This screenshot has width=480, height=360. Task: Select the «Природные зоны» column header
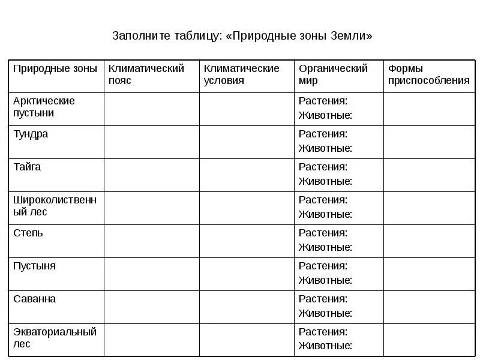click(55, 68)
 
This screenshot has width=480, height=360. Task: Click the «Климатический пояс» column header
click(146, 74)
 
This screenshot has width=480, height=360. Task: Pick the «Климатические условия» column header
click(241, 74)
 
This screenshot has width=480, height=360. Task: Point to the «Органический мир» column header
click(333, 74)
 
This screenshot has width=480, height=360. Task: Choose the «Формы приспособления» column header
click(428, 74)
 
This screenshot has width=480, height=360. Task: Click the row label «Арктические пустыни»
click(44, 107)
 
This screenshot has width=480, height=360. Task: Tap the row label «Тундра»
click(31, 134)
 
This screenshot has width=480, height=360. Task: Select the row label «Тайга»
click(27, 167)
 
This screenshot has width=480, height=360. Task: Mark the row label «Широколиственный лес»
click(55, 206)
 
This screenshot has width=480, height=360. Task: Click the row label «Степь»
click(28, 233)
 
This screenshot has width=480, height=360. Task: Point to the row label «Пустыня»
click(34, 266)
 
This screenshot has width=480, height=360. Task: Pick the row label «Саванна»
click(35, 299)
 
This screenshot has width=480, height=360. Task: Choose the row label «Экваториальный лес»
click(55, 338)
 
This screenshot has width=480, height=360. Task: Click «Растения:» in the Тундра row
click(323, 134)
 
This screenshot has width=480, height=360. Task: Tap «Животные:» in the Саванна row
click(325, 313)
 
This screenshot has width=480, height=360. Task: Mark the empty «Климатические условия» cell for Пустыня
click(247, 274)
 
